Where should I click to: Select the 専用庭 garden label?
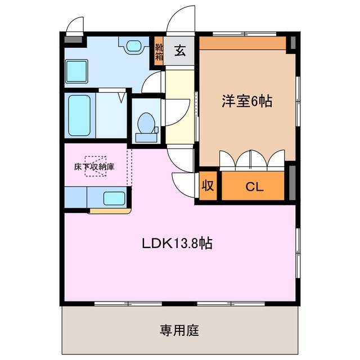point(179,330)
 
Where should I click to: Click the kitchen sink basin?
point(115,199)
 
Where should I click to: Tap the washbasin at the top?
point(134,46)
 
